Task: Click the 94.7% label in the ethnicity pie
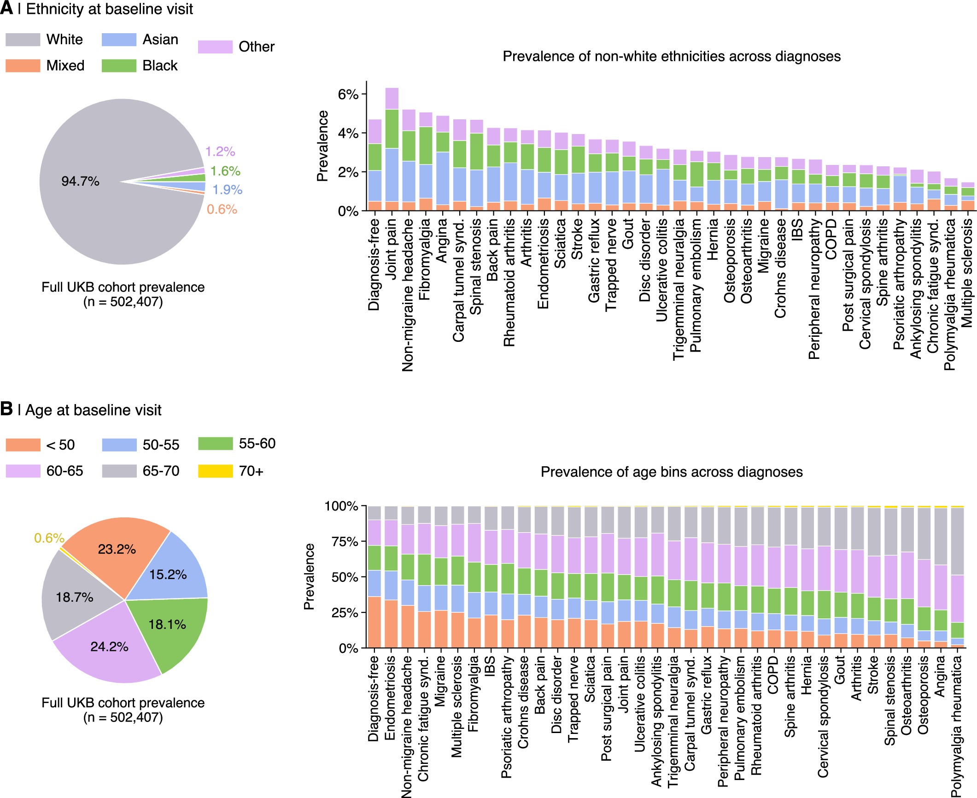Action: point(80,181)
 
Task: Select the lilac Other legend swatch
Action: point(215,47)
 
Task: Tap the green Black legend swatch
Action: point(119,65)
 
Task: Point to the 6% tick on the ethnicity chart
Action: point(348,94)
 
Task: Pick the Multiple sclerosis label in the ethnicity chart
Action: point(967,273)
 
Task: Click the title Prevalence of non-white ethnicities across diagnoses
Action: point(671,56)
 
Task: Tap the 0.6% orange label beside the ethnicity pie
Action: point(222,210)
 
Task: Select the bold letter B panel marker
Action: point(6,409)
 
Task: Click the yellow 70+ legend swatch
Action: point(215,471)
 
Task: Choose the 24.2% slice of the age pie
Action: point(109,646)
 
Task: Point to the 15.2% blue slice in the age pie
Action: point(168,575)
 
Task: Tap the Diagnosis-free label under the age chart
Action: point(374,698)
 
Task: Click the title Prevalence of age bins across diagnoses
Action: point(671,472)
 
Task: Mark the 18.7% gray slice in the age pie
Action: point(74,598)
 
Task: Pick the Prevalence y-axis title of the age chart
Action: point(309,577)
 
